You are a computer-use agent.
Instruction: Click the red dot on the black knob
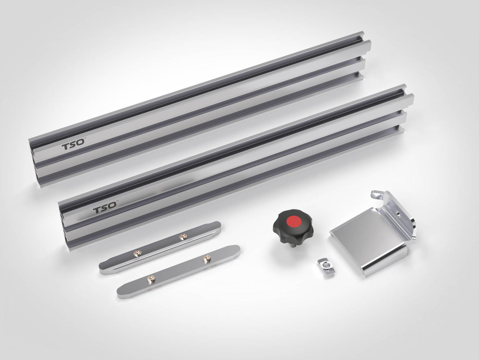pos(293,221)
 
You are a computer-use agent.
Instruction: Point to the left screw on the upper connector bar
pos(138,253)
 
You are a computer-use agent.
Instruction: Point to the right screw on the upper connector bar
pos(183,237)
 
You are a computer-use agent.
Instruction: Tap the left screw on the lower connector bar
pos(151,279)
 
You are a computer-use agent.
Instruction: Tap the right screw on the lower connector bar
pos(206,259)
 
